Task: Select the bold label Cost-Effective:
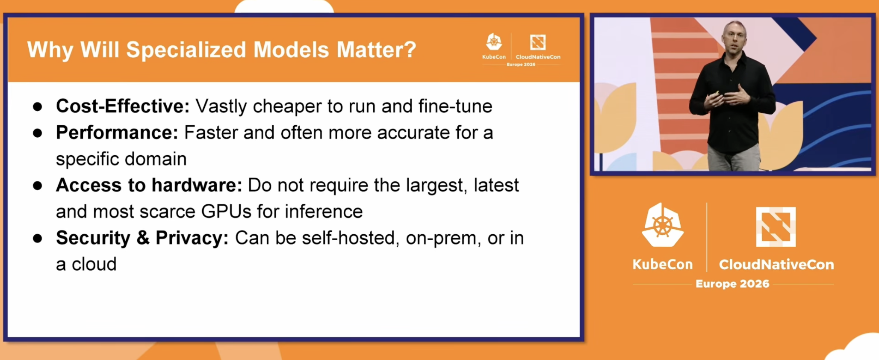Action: click(x=123, y=106)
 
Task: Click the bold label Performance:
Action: click(x=117, y=133)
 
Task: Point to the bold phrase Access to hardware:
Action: click(x=149, y=185)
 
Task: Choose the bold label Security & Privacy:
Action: click(x=142, y=238)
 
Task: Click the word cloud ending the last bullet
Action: click(x=94, y=264)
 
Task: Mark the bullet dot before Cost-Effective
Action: click(x=38, y=107)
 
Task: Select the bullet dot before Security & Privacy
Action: click(x=38, y=239)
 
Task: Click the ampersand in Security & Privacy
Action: click(x=143, y=238)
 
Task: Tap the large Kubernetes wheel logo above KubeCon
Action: click(x=662, y=225)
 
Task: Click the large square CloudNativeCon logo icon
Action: click(x=776, y=227)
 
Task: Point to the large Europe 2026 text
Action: click(x=732, y=284)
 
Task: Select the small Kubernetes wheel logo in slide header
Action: click(x=494, y=42)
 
